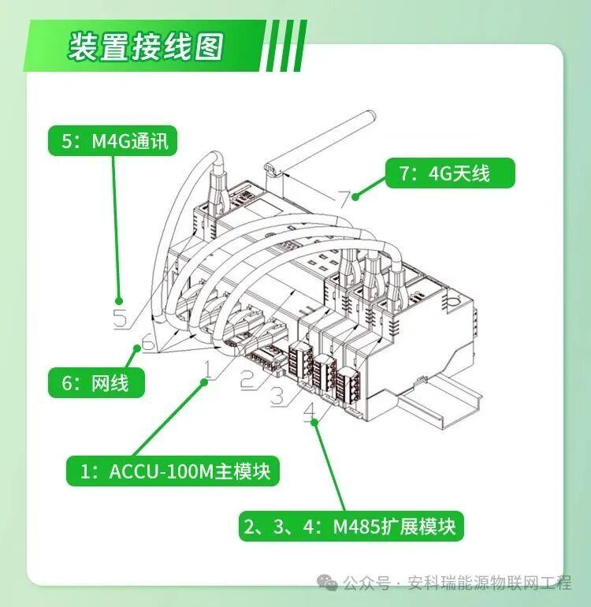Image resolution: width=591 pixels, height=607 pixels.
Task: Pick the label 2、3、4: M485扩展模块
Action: [x=351, y=526]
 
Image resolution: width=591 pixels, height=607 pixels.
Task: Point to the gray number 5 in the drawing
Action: [x=120, y=319]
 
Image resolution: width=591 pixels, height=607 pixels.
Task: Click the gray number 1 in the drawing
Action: [x=207, y=367]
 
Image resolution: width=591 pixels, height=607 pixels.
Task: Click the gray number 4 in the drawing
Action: [x=310, y=409]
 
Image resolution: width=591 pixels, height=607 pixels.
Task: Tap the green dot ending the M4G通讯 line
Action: [x=120, y=300]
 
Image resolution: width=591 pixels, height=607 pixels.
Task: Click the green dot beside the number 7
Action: [x=356, y=194]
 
